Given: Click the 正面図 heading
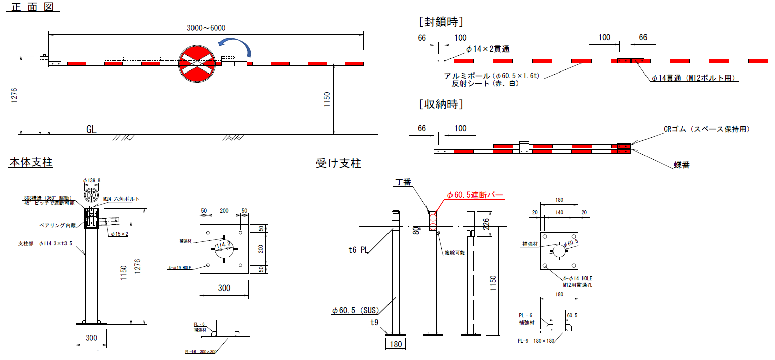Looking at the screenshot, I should [32, 8].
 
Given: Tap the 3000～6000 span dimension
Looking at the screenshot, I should [206, 28].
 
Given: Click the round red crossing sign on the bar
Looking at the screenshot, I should [198, 62].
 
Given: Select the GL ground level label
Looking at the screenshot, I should [91, 130].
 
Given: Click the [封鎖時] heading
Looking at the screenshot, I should [440, 22].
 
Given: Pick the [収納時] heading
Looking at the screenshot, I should [440, 105].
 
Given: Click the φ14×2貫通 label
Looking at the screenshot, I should [488, 49].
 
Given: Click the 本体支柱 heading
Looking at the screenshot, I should [31, 163].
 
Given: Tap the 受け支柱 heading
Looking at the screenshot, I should [339, 163].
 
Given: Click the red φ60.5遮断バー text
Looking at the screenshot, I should [475, 195].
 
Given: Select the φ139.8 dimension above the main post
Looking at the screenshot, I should [91, 180].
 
